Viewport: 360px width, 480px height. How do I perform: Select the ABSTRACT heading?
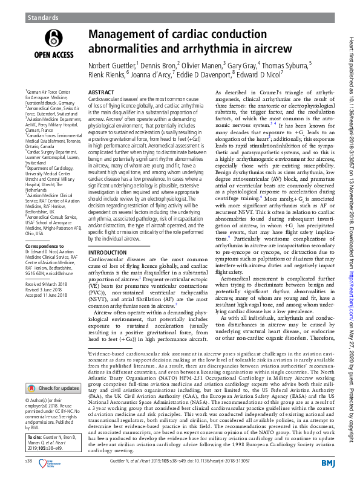(x=102, y=91)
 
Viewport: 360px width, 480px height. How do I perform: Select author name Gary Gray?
(x=243, y=63)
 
